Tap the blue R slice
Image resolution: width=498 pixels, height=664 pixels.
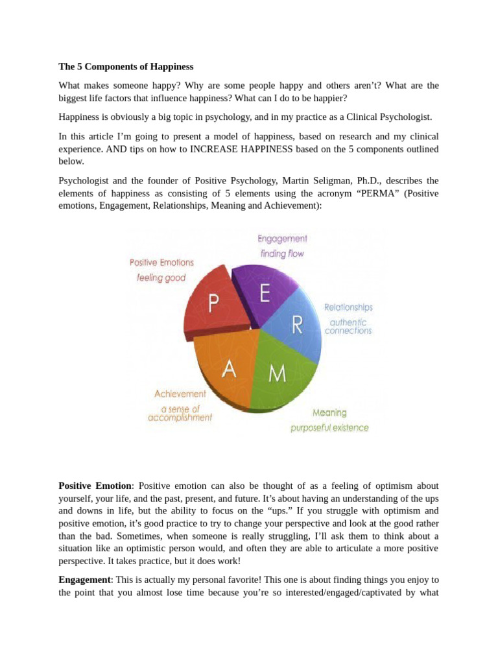[x=295, y=324]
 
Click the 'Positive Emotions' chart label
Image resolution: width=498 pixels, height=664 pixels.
[x=161, y=263]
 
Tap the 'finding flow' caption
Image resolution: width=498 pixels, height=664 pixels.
[x=281, y=254]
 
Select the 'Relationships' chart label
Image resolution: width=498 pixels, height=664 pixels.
[x=348, y=307]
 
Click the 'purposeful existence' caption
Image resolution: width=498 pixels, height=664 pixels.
[x=329, y=427]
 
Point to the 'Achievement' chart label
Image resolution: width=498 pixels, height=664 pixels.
[x=180, y=394]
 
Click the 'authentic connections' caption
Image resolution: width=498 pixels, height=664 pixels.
[x=348, y=326]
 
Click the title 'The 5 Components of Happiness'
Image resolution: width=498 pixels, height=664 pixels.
[x=126, y=67]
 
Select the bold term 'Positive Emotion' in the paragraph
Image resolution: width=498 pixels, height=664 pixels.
[x=95, y=486]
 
